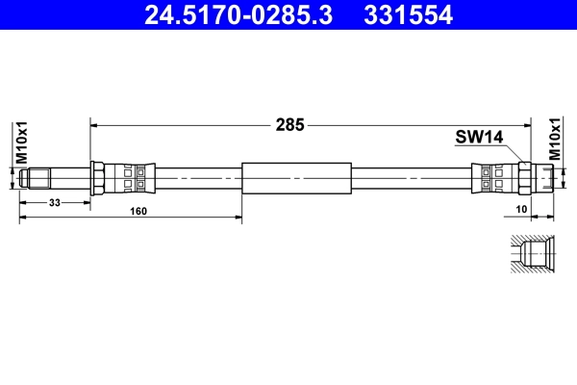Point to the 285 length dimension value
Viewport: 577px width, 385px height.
click(290, 124)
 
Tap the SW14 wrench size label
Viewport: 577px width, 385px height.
click(479, 139)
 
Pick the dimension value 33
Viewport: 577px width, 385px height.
click(56, 202)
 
